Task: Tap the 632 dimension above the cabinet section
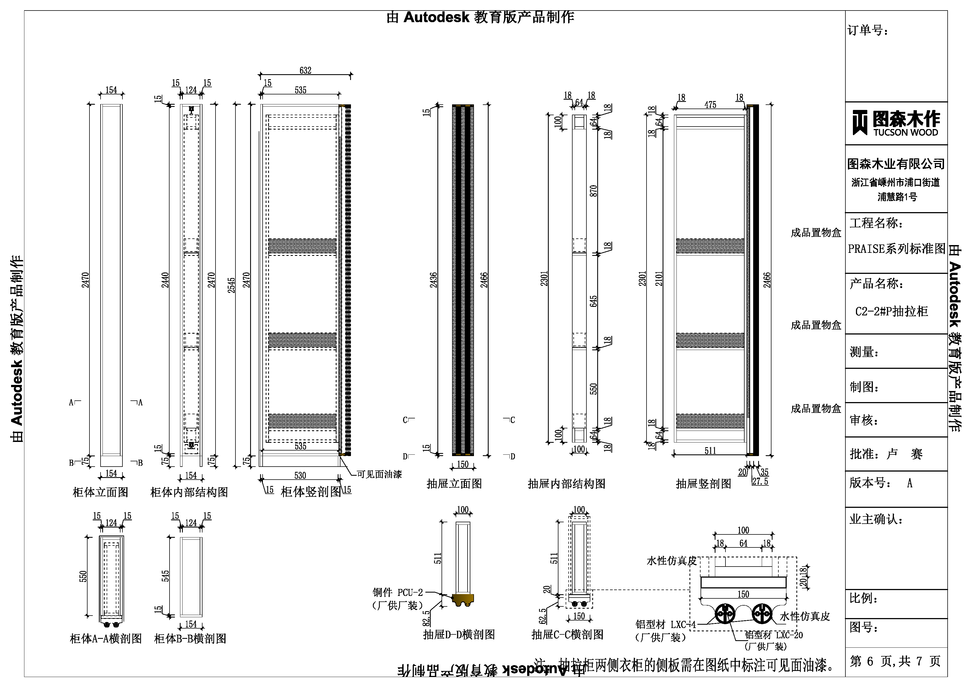pos(305,70)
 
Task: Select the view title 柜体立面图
pos(100,492)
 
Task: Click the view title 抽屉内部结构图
pos(566,484)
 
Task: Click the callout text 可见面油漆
pos(379,474)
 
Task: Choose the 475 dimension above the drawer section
pos(711,105)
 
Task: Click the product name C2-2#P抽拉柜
pos(891,312)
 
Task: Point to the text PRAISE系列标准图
pos(896,249)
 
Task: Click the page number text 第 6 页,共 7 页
pos(895,661)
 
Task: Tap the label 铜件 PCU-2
pos(397,592)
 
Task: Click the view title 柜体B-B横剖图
pos(190,638)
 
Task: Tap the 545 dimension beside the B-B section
pos(166,576)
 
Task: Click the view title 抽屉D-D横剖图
pos(459,634)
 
